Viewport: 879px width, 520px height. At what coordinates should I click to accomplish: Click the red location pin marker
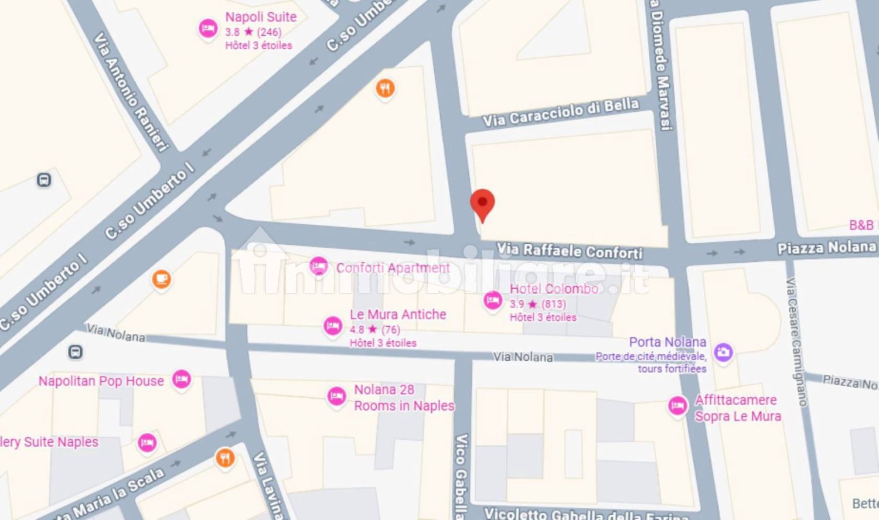coord(482,203)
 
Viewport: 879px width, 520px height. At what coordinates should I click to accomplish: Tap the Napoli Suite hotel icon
coord(207,28)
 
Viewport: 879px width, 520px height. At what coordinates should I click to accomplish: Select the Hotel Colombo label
coord(554,289)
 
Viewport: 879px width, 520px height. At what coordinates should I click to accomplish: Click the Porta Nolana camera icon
coord(723,352)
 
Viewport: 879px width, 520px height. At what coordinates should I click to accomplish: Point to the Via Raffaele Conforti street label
coord(570,251)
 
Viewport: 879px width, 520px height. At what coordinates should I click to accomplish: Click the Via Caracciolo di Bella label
coord(560,112)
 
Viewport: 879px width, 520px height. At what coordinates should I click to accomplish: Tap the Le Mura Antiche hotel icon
coord(332,326)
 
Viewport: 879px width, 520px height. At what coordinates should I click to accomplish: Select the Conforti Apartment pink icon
coord(318,266)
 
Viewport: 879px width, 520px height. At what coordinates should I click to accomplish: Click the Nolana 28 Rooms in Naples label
coord(403,398)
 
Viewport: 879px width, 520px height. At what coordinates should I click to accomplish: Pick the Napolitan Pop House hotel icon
coord(182,379)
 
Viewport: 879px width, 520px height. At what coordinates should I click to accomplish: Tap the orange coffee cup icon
coord(161,279)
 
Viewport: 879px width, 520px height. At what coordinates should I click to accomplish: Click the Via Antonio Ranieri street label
coord(131,93)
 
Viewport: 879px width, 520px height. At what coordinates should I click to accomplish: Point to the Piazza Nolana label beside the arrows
coord(826,248)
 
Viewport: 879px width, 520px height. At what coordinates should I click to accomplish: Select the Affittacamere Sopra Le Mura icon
coord(677,405)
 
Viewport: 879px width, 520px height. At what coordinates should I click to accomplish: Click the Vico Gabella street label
coord(461,474)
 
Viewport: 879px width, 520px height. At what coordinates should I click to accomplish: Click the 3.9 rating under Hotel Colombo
coord(516,304)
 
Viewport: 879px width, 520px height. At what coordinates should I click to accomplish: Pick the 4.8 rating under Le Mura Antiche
coord(356,329)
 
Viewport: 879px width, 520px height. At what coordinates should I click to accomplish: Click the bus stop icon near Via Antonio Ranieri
coord(44,180)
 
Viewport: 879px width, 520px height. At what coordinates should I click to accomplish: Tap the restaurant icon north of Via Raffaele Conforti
coord(384,88)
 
